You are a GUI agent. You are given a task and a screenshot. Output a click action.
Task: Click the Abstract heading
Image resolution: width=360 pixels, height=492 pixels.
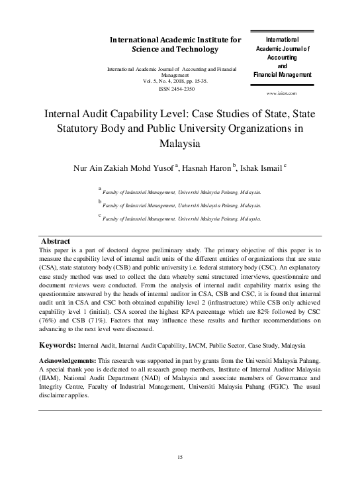pyautogui.click(x=56, y=240)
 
